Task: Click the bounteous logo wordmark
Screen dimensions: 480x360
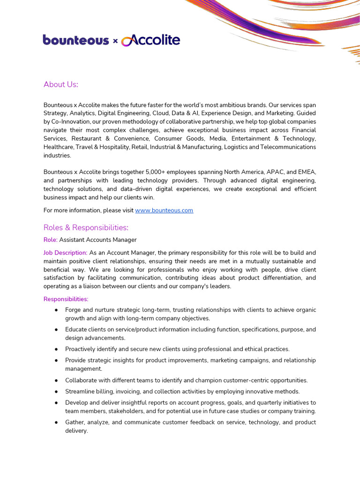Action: pos(76,40)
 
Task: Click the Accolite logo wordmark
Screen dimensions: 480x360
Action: pos(151,40)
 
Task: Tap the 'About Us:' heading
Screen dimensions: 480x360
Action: pos(61,84)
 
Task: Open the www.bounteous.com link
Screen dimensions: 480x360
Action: pos(164,210)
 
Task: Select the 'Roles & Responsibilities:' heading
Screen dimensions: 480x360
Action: pos(86,228)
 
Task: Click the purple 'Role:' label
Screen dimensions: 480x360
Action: pos(51,240)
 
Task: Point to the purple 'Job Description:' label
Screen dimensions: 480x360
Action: pos(66,253)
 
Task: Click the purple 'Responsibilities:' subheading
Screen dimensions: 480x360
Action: pos(66,299)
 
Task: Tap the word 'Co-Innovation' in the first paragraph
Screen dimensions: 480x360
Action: pos(69,122)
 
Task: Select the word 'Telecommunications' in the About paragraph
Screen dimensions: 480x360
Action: pos(288,147)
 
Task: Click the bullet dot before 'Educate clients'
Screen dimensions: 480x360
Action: pos(56,330)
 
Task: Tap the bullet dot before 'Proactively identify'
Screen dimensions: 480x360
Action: pos(56,349)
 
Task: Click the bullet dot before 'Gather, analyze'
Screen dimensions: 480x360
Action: pos(56,422)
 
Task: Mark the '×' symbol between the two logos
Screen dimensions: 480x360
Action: pos(115,41)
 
